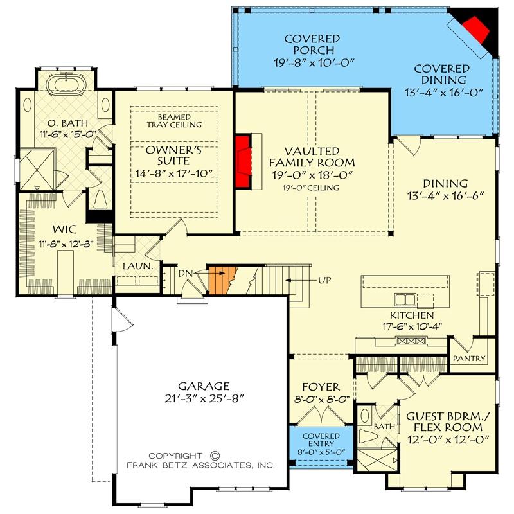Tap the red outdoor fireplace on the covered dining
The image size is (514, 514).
pyautogui.click(x=475, y=28)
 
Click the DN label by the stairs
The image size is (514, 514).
pyautogui.click(x=185, y=274)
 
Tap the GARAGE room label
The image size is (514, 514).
pyautogui.click(x=204, y=386)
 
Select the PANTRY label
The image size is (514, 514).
pyautogui.click(x=469, y=359)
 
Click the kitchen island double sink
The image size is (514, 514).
pyautogui.click(x=405, y=299)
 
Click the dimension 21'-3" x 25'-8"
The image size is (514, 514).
pyautogui.click(x=204, y=398)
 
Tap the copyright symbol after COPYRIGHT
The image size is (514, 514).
pyautogui.click(x=215, y=453)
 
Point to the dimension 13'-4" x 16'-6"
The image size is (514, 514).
pyautogui.click(x=445, y=195)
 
